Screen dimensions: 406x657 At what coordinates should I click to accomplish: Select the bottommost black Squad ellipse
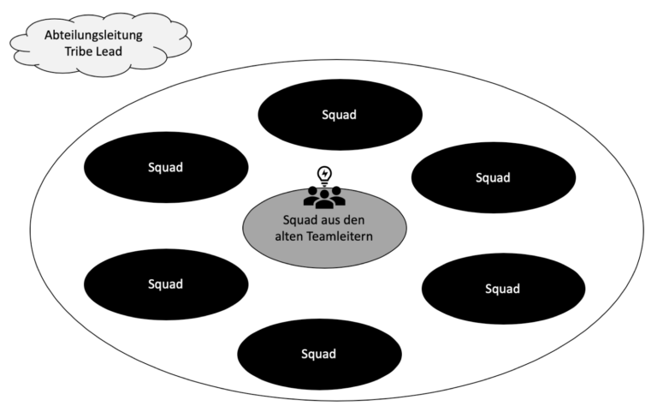[x=318, y=354]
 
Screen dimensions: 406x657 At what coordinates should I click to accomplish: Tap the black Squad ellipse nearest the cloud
[x=167, y=167]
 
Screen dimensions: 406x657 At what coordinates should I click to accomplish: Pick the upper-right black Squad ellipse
[x=493, y=177]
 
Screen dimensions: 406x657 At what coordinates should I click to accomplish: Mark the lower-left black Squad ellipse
[x=166, y=284]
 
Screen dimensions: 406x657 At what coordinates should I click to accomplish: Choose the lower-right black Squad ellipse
[x=502, y=289]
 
